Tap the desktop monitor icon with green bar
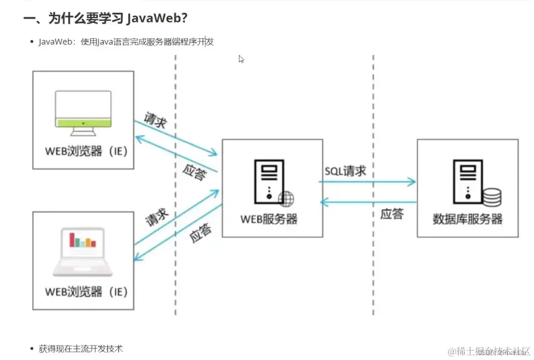(83, 109)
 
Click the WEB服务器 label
(269, 219)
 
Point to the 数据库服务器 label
(468, 219)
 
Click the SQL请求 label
(346, 171)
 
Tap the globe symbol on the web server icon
(286, 198)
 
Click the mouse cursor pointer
(241, 59)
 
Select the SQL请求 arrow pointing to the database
(367, 182)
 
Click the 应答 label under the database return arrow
(391, 214)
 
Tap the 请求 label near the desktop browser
(155, 121)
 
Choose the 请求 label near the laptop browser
(157, 216)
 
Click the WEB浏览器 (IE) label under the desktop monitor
(86, 152)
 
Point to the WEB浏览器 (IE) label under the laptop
(86, 292)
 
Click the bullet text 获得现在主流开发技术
(80, 349)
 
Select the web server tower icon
(268, 182)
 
